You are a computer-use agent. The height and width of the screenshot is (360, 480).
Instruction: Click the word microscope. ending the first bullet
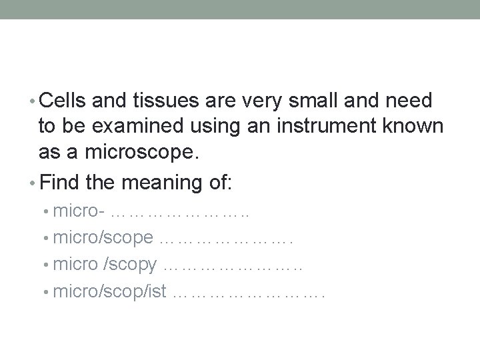(x=119, y=153)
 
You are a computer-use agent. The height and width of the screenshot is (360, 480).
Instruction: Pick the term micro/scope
(x=103, y=238)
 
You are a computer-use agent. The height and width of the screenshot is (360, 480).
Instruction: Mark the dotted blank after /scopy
(x=233, y=267)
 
